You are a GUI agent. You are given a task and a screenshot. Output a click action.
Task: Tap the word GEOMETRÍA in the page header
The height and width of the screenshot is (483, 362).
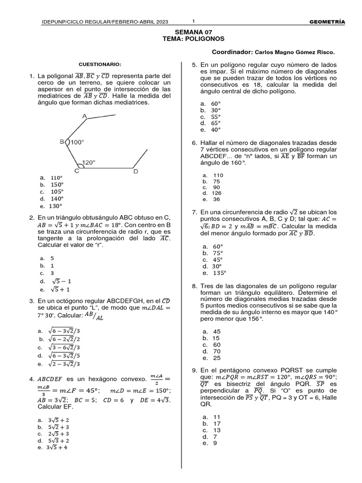click(327, 22)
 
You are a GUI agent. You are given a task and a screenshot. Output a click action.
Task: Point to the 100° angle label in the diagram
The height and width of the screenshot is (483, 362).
click(77, 142)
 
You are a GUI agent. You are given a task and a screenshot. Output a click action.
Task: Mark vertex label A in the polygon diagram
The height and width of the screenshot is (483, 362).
click(84, 116)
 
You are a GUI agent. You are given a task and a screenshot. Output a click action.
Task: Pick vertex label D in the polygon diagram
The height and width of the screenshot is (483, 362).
click(136, 172)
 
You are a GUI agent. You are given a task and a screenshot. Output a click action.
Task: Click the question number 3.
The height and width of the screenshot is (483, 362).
click(31, 301)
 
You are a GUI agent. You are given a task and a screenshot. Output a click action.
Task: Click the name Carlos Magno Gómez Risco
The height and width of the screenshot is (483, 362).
click(295, 52)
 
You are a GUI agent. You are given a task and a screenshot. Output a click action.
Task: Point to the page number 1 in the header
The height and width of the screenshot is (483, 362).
click(193, 21)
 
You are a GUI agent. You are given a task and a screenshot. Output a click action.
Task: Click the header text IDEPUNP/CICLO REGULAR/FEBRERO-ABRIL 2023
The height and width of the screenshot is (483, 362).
click(105, 22)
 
